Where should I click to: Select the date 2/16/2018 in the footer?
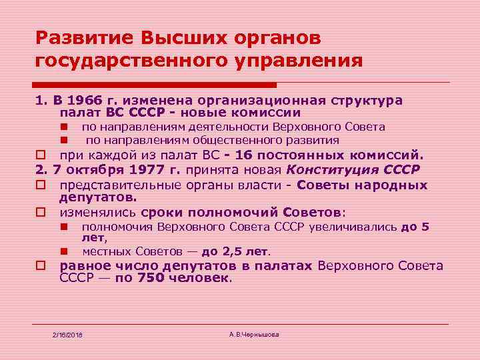pos(71,333)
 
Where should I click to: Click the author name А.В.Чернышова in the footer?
pos(253,333)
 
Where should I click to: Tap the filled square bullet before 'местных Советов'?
pos(65,252)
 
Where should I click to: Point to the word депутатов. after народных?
pos(97,197)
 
